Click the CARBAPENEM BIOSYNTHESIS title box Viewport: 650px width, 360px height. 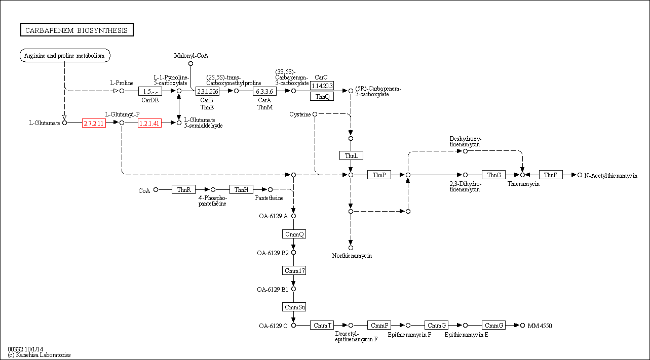click(77, 30)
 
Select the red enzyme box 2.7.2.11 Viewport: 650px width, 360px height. click(94, 123)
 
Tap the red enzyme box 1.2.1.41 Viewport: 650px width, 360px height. click(149, 123)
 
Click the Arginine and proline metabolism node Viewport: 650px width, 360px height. click(65, 56)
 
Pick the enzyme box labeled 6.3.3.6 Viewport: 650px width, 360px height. click(264, 91)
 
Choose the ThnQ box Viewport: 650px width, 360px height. click(322, 96)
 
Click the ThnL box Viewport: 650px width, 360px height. click(351, 155)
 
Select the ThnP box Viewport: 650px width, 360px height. click(379, 175)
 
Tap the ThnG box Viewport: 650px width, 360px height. click(494, 175)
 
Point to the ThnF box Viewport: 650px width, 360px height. click(551, 175)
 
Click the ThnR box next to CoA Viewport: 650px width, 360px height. click(183, 189)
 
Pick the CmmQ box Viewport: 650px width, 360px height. click(294, 234)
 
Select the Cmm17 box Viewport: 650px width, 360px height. click(294, 270)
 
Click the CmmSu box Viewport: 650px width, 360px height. click(294, 307)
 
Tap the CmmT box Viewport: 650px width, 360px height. click(322, 325)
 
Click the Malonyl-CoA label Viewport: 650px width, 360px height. click(191, 56)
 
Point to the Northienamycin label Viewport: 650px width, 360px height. click(352, 256)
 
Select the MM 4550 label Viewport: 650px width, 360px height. click(540, 326)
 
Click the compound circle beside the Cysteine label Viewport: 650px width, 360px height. click(315, 114)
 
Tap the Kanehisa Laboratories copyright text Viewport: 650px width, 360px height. click(39, 355)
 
